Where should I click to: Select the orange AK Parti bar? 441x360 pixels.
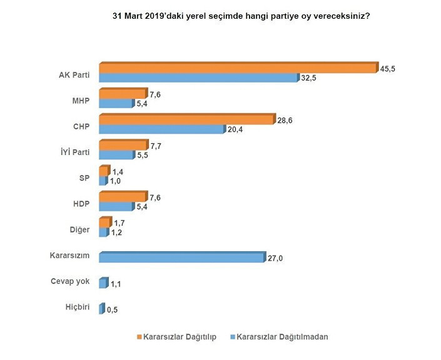238,67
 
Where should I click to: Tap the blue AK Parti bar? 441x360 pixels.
198,78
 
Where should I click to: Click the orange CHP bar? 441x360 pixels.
186,119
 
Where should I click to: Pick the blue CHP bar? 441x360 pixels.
161,129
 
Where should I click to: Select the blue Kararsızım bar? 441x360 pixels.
181,257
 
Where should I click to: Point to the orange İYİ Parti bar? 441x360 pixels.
123,145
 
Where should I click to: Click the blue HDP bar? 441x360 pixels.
116,206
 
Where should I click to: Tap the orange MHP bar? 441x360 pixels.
123,93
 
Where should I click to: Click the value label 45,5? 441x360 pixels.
387,69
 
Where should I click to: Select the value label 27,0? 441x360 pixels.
276,258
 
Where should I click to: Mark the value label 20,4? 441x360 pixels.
234,131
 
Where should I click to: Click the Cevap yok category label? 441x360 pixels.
70,281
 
